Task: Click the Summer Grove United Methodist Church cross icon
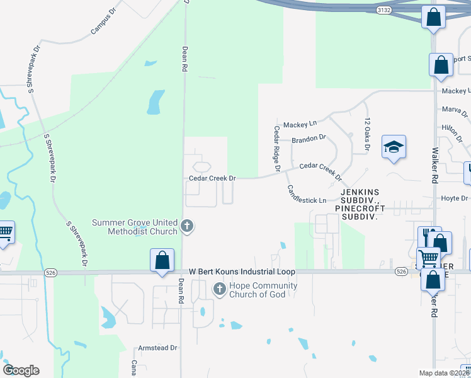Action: click(186, 226)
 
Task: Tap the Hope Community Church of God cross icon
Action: click(220, 289)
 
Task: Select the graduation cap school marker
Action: click(394, 148)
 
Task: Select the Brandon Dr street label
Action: click(309, 137)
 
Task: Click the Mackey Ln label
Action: click(300, 123)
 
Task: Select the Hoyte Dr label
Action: click(455, 198)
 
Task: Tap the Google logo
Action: click(21, 370)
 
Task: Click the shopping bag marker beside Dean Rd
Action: click(162, 261)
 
